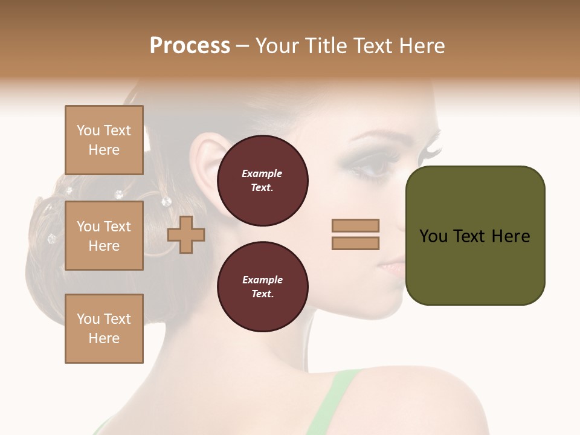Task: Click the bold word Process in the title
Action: pos(190,46)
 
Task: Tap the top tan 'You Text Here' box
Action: pos(104,140)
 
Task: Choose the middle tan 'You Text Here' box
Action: pos(104,236)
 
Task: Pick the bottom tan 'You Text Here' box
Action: pos(104,329)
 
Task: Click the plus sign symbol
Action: pos(186,234)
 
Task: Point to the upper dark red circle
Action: pos(262,181)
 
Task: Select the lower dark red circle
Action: pos(262,287)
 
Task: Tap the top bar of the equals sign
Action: pos(355,225)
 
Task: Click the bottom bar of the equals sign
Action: pos(355,243)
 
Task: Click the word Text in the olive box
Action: pos(468,236)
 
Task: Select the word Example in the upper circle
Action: pos(262,174)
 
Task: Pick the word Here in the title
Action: pos(421,46)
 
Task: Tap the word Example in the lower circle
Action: pos(262,280)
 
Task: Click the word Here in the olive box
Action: pos(511,236)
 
